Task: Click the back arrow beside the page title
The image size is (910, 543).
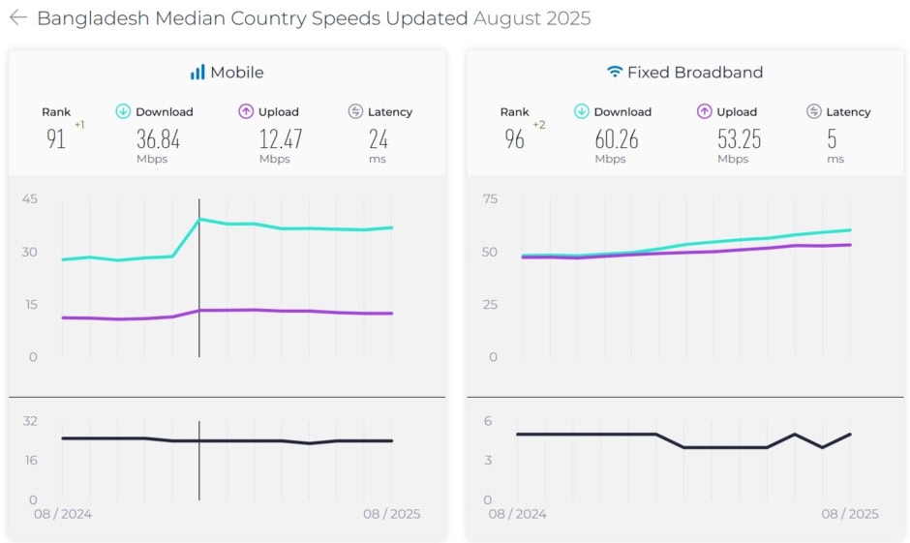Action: coord(17,17)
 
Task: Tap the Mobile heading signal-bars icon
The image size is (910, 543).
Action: coord(197,73)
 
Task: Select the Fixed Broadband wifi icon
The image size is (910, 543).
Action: coord(614,73)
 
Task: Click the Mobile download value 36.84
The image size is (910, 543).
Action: coord(158,139)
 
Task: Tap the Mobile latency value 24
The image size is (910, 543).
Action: coord(378,139)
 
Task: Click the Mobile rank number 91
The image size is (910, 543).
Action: coord(56,139)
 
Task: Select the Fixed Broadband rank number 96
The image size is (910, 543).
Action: coord(514,139)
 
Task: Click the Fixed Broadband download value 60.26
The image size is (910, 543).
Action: coord(616,139)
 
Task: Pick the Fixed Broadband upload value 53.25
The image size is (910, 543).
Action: coord(739,139)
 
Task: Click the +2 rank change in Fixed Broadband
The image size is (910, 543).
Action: coord(538,125)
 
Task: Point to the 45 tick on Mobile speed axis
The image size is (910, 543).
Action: coord(29,199)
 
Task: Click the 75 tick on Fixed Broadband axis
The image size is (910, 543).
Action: coord(490,199)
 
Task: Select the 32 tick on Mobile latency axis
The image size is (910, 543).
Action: coord(29,421)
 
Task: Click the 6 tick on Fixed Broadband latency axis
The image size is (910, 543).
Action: coord(489,421)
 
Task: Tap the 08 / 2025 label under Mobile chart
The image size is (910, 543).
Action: coord(391,514)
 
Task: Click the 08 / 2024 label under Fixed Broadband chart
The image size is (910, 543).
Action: coord(518,514)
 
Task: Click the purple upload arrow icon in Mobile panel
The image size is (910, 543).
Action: coord(246,111)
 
